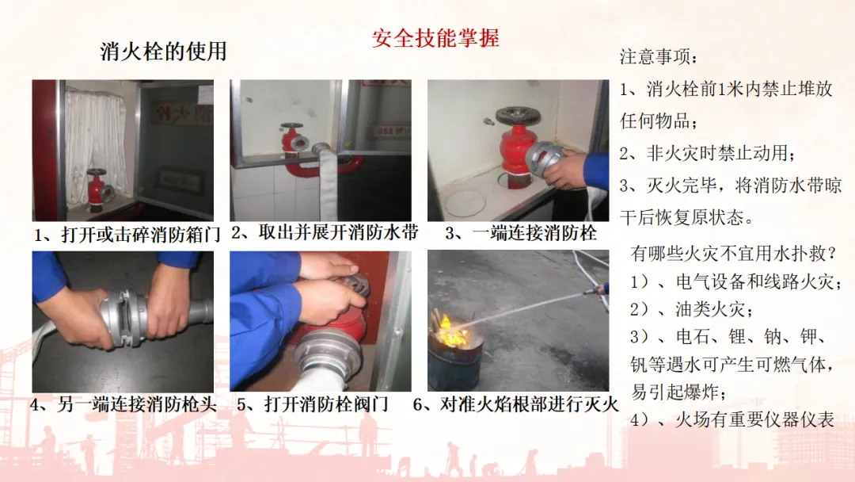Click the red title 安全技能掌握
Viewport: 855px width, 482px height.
[435, 38]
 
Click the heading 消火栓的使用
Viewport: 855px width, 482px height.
[163, 52]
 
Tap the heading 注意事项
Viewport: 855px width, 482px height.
[659, 56]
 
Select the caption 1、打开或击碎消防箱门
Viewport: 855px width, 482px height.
[127, 235]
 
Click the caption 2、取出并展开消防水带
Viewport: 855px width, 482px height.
[325, 232]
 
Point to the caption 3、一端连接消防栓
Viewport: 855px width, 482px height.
[521, 233]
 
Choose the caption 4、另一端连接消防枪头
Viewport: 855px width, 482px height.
[123, 404]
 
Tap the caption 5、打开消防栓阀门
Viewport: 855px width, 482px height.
[313, 404]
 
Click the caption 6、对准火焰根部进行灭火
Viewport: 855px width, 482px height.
[516, 404]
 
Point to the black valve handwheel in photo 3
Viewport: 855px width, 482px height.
[517, 117]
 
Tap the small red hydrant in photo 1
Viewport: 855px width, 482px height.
[98, 190]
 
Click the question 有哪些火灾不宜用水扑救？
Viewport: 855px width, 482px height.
[733, 253]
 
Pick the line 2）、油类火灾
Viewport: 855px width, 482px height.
[692, 309]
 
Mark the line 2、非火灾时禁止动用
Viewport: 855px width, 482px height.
[707, 153]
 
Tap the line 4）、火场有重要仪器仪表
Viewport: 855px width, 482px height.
[732, 419]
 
